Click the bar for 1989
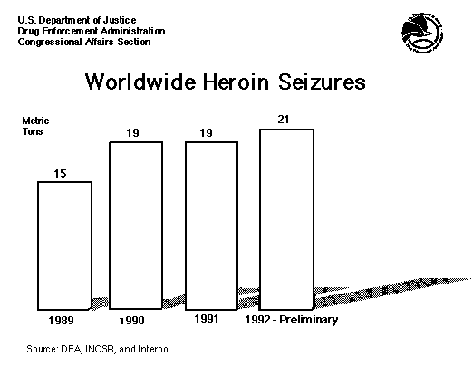64,246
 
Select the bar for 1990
136,226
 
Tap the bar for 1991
211,226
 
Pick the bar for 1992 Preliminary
286,219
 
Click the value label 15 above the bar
60,174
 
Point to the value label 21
284,120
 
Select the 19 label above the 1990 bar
132,133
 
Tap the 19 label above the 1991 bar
207,133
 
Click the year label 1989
61,320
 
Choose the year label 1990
132,320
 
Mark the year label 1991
206,319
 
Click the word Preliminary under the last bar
308,320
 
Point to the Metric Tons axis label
35,126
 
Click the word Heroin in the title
236,82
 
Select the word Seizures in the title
322,82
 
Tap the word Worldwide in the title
140,82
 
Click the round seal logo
422,33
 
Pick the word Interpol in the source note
154,350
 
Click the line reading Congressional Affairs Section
84,42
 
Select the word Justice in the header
120,20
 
